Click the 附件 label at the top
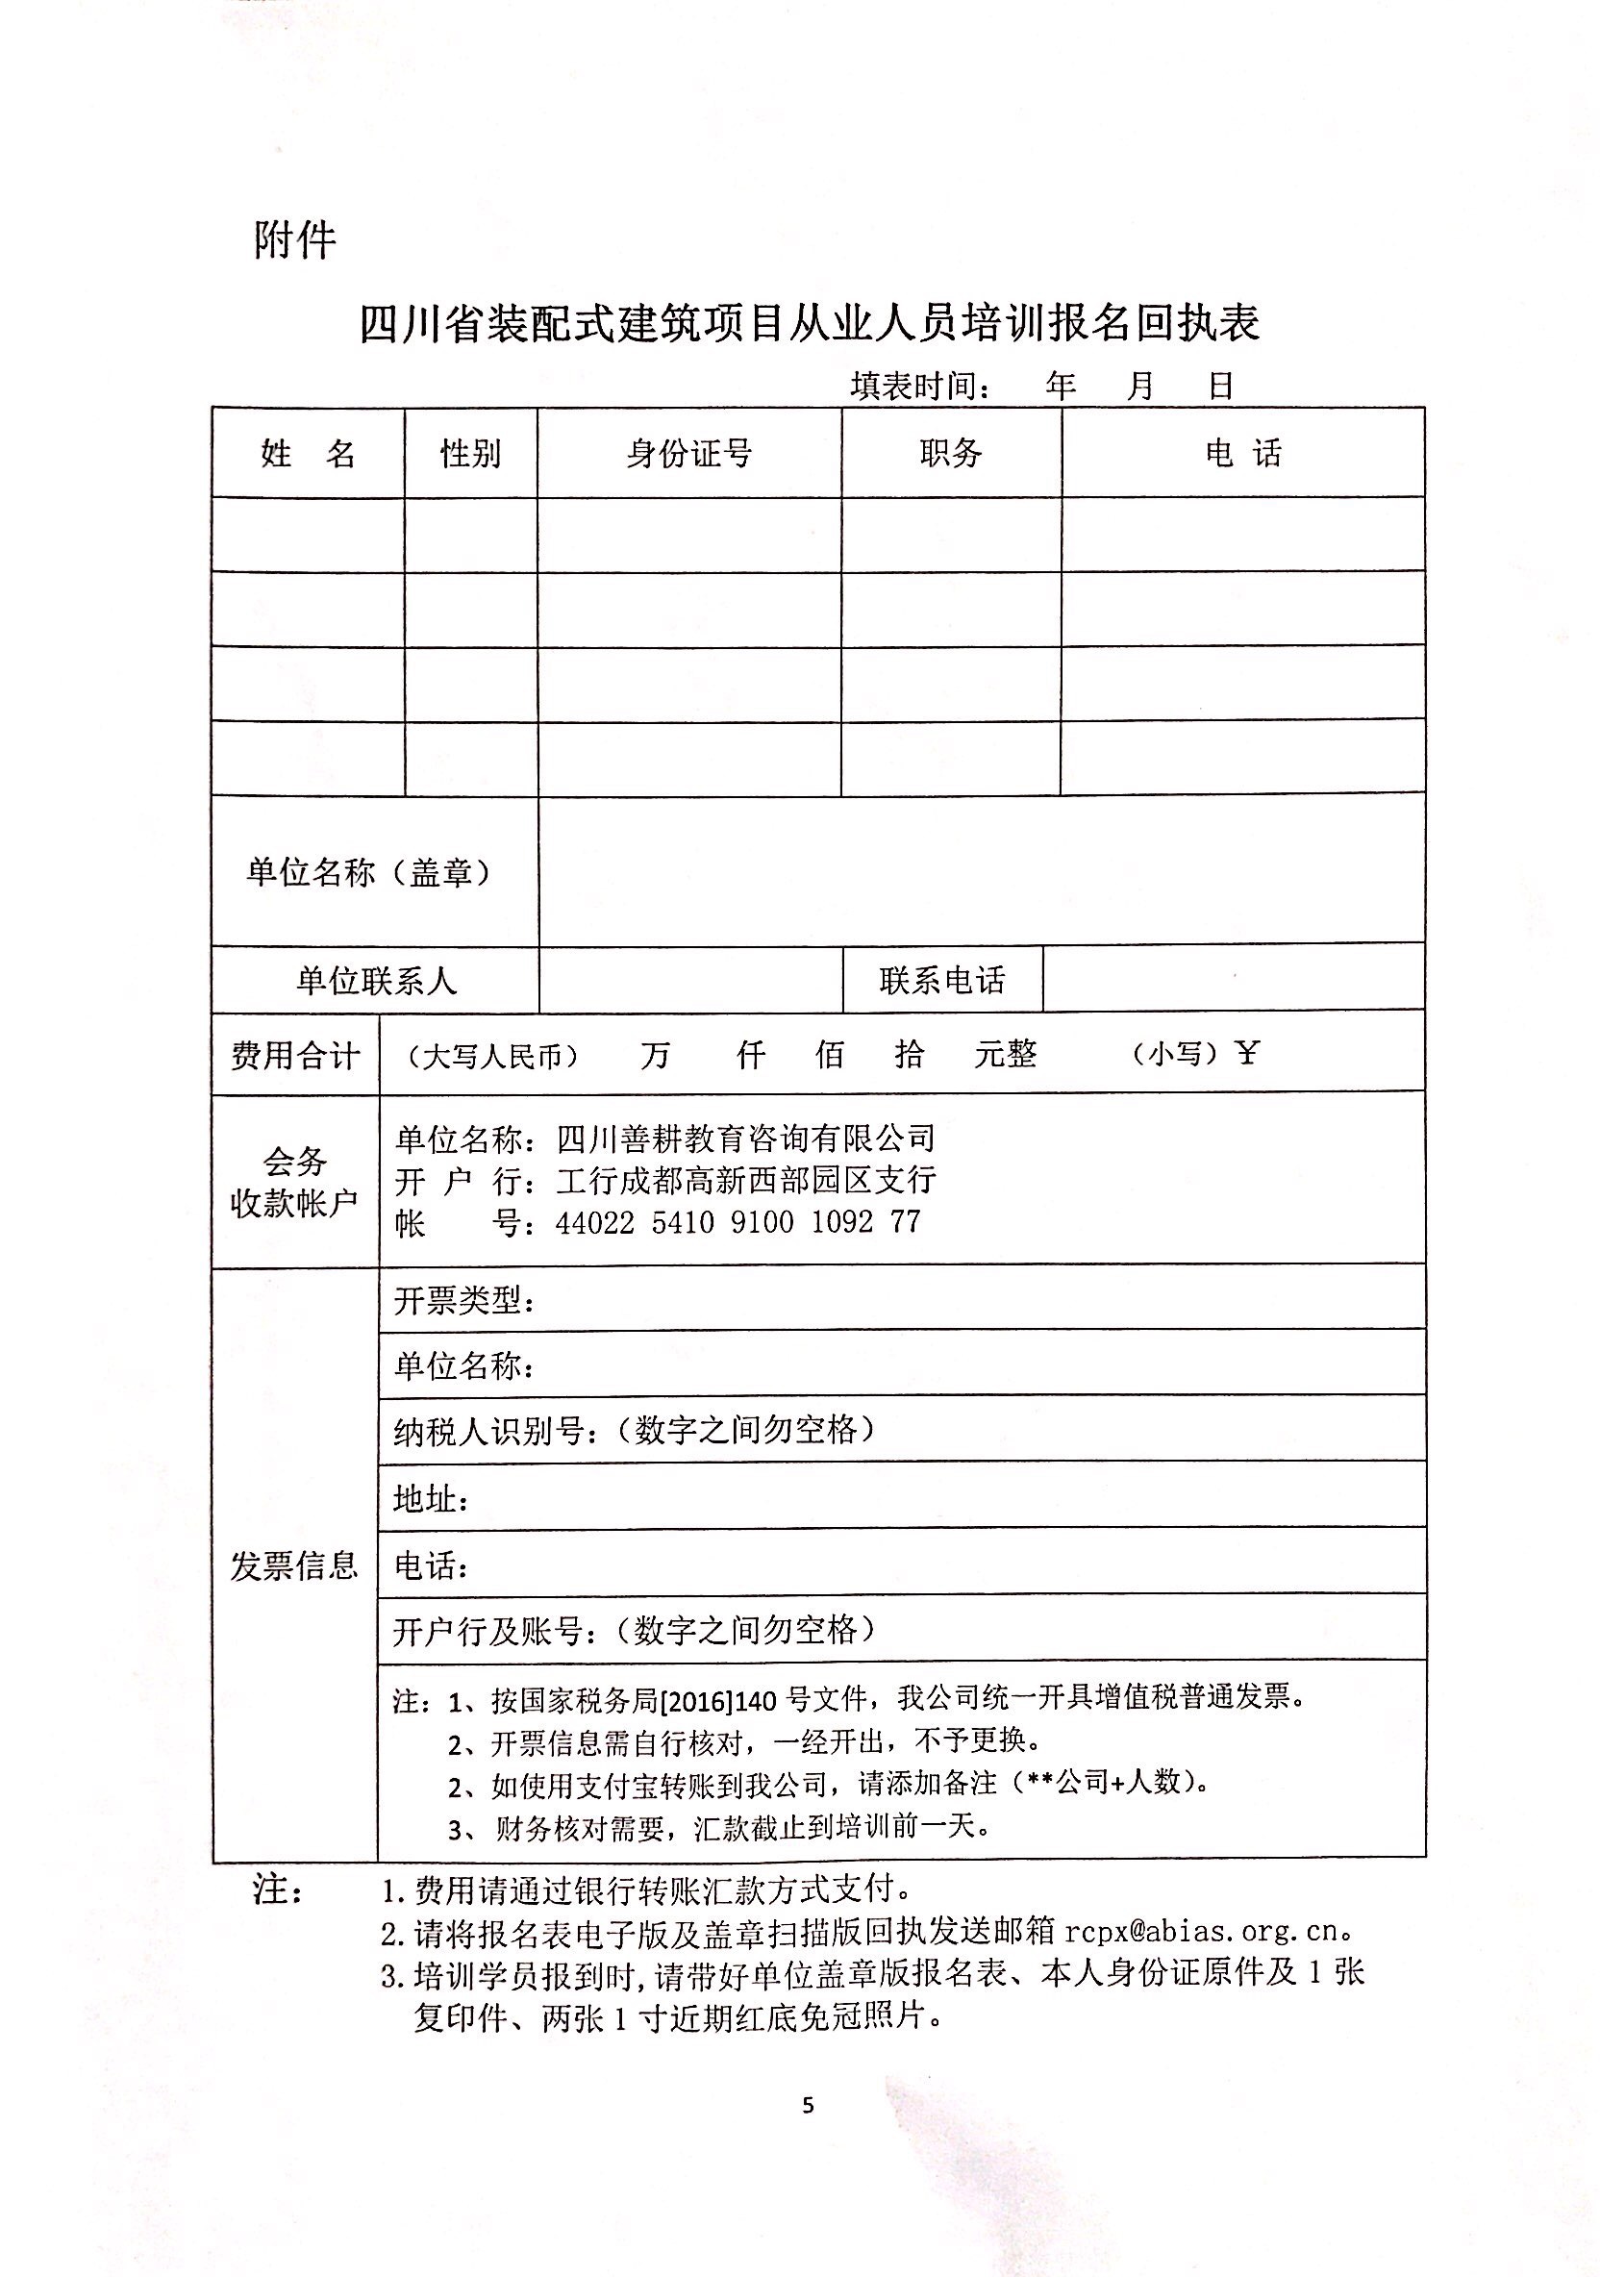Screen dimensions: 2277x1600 click(x=294, y=241)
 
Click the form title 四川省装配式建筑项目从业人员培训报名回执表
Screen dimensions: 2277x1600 click(x=809, y=324)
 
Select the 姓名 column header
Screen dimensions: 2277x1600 click(x=308, y=454)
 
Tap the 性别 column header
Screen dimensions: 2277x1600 click(x=470, y=454)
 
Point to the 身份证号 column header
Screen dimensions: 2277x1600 click(x=688, y=454)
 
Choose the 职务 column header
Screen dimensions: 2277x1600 click(x=950, y=453)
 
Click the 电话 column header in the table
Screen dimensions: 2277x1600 click(x=1243, y=454)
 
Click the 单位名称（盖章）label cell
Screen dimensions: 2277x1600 click(x=369, y=873)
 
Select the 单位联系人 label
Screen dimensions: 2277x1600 click(x=376, y=981)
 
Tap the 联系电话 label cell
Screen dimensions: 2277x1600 click(x=941, y=981)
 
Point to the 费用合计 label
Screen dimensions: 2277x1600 click(x=294, y=1055)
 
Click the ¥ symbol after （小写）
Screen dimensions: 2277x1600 click(x=1247, y=1053)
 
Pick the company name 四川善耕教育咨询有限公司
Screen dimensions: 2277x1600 click(x=746, y=1138)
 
